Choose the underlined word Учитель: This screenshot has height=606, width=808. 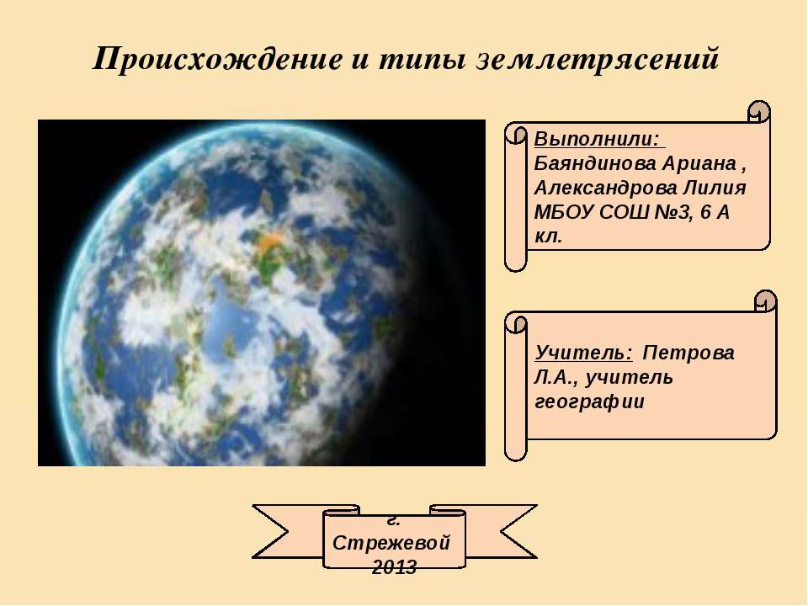pyautogui.click(x=583, y=353)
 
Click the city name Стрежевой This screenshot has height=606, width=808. pyautogui.click(x=392, y=542)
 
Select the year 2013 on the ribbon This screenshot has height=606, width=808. pyautogui.click(x=393, y=567)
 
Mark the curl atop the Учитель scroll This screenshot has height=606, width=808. pyautogui.click(x=766, y=300)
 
